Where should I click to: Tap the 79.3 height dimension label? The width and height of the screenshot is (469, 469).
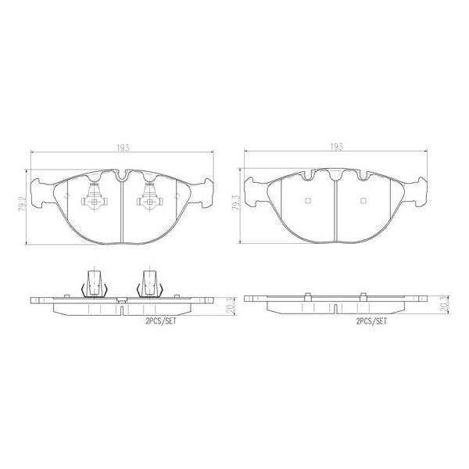click(x=235, y=206)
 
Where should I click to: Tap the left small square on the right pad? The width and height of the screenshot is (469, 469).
click(x=308, y=201)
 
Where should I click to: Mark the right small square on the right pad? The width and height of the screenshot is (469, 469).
click(x=363, y=201)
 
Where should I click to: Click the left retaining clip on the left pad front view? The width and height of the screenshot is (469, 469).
click(x=94, y=200)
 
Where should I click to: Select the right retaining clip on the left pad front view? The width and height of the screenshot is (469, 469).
click(x=149, y=200)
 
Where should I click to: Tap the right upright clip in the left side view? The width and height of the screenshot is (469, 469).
click(x=149, y=283)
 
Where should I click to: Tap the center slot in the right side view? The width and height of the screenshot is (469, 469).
click(x=337, y=306)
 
